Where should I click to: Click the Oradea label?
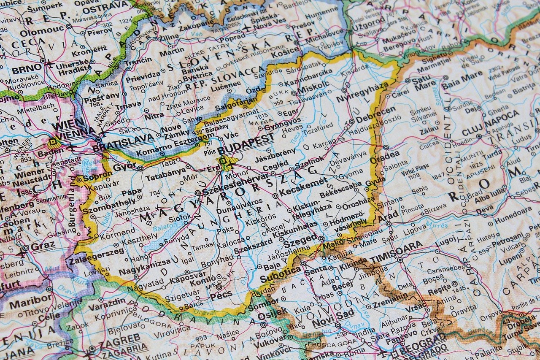pos(384,155)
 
